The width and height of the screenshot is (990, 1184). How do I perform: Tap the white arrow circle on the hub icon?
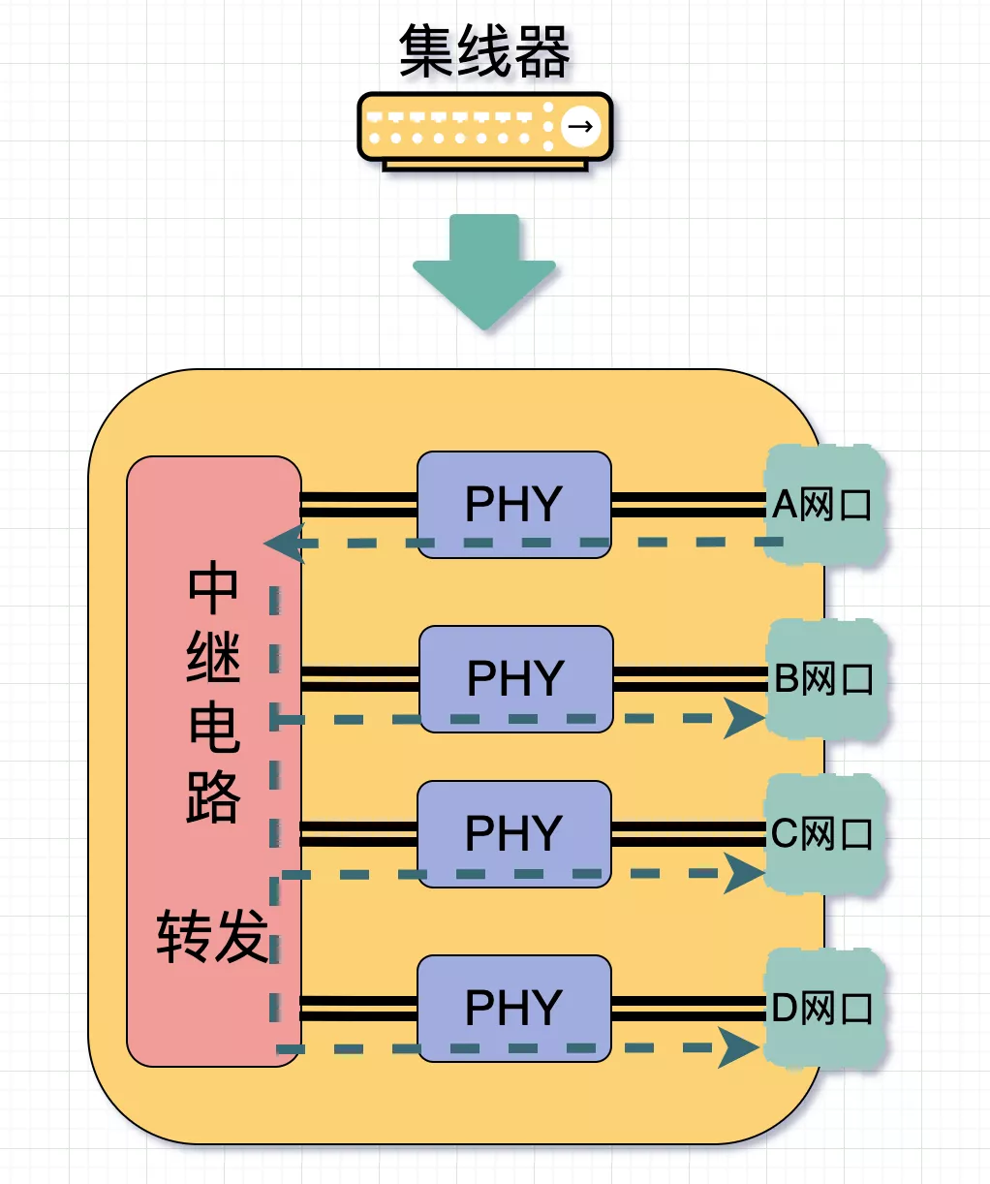pyautogui.click(x=580, y=126)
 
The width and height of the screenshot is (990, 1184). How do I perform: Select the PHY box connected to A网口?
pyautogui.click(x=513, y=504)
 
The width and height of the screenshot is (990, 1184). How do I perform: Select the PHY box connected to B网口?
pyautogui.click(x=515, y=678)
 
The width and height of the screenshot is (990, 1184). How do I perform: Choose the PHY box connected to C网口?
pyautogui.click(x=513, y=833)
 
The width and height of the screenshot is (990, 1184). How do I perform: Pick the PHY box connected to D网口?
pyautogui.click(x=513, y=1008)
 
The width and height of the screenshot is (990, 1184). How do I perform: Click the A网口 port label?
pyautogui.click(x=823, y=505)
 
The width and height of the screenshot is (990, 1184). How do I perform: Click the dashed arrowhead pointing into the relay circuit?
pyautogui.click(x=283, y=544)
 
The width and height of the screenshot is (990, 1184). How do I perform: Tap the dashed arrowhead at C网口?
pyautogui.click(x=744, y=874)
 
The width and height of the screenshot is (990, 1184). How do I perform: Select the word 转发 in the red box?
pyautogui.click(x=212, y=936)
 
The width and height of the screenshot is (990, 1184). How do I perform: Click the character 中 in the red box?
pyautogui.click(x=213, y=588)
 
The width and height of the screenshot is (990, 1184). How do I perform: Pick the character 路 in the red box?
pyautogui.click(x=213, y=798)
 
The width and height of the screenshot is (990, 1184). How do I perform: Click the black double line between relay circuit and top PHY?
pyautogui.click(x=358, y=505)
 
